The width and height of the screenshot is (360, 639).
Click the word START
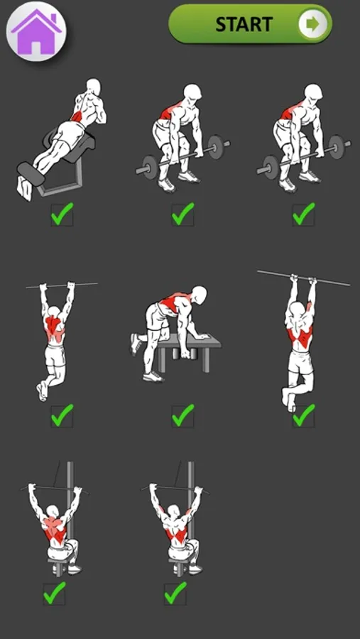click(244, 24)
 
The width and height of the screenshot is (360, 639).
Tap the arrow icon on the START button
click(313, 24)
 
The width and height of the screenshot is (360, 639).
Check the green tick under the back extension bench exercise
click(62, 214)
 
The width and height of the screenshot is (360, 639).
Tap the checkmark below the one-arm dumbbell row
click(182, 415)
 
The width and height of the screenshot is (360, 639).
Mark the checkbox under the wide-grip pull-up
click(62, 415)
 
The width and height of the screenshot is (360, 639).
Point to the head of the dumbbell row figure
click(200, 295)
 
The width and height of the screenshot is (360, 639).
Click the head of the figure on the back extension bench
click(93, 87)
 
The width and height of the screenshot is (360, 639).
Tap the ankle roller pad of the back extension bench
click(30, 173)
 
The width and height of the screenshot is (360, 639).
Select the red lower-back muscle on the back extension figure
click(77, 116)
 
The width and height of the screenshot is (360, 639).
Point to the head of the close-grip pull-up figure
click(302, 309)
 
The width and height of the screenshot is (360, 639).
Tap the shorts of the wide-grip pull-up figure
click(55, 356)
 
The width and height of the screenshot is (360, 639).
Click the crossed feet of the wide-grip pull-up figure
click(42, 391)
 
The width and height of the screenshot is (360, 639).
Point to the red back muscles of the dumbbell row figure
click(174, 302)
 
